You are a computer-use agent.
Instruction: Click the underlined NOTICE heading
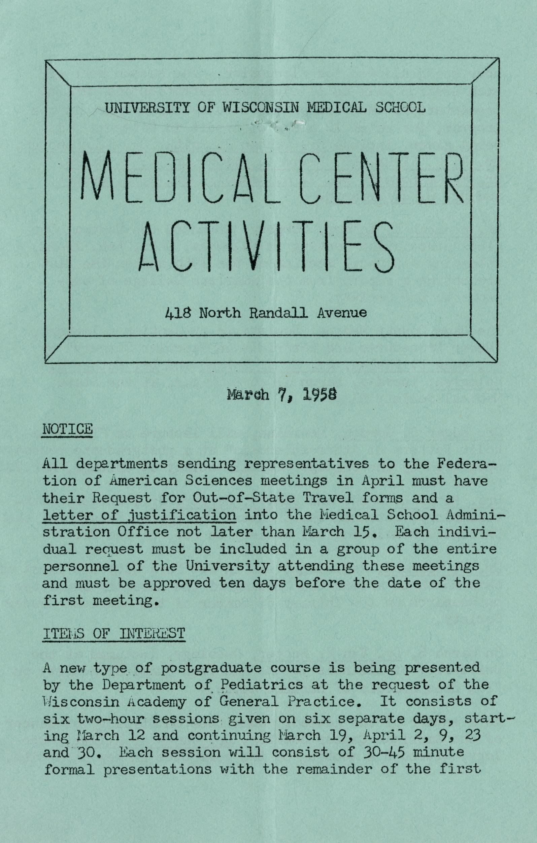(x=67, y=429)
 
